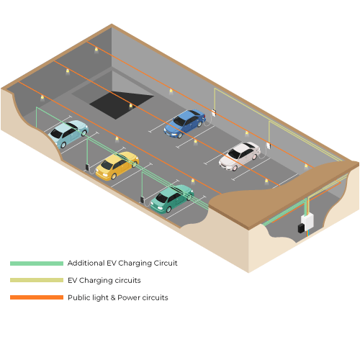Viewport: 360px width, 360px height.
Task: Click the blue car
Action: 185,123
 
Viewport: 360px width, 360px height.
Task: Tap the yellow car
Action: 117,166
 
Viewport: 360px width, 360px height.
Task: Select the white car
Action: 240,156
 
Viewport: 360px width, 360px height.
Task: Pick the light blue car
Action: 68,133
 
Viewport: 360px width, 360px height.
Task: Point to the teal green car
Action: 172,199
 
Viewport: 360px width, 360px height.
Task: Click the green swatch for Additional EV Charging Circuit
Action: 37,264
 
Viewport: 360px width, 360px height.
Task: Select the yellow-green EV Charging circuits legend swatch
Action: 37,280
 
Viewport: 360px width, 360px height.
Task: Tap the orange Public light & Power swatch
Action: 37,297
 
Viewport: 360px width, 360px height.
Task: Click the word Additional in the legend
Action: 86,263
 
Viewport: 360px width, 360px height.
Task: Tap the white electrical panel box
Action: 307,221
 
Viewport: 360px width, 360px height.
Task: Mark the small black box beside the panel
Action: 301,228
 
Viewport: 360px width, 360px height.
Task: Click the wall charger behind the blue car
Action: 214,113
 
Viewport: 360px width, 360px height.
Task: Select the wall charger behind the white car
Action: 269,145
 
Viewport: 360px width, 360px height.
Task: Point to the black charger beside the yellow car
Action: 87,167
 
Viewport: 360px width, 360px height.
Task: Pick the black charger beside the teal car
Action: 143,199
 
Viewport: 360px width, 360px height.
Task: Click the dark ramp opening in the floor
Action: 121,105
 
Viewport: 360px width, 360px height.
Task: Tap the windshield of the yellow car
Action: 107,165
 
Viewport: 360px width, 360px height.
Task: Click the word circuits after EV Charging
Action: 128,280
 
